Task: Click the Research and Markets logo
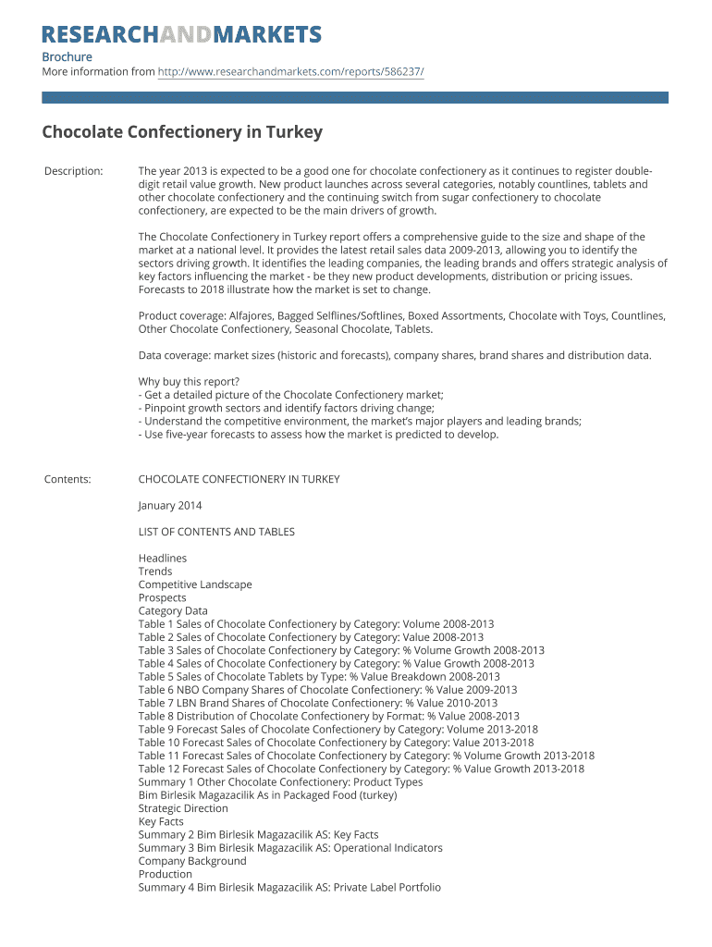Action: click(182, 35)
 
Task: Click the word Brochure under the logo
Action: click(67, 57)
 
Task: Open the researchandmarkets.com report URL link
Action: click(290, 72)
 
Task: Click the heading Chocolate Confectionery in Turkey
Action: click(182, 132)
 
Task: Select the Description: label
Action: click(74, 171)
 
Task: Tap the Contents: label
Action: click(68, 479)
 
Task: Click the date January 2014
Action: click(170, 506)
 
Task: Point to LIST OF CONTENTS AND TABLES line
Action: click(216, 532)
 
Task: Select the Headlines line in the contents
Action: click(163, 559)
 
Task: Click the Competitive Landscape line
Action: click(195, 584)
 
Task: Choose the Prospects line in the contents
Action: click(163, 597)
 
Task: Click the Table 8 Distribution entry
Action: click(328, 716)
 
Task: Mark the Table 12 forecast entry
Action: click(361, 769)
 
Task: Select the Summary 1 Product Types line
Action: click(280, 782)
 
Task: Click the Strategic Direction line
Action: click(183, 808)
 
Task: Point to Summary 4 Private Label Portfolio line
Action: click(289, 888)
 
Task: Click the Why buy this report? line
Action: click(189, 381)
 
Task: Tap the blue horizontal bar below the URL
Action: click(355, 97)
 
